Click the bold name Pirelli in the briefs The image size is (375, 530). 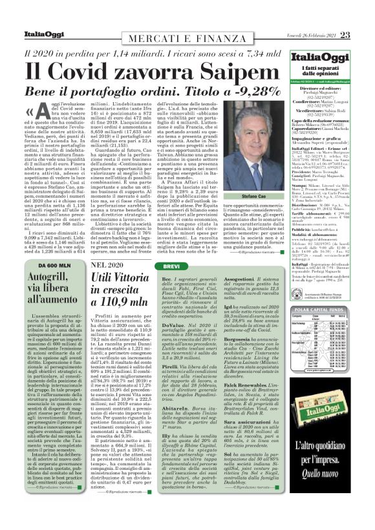tap(170, 366)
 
